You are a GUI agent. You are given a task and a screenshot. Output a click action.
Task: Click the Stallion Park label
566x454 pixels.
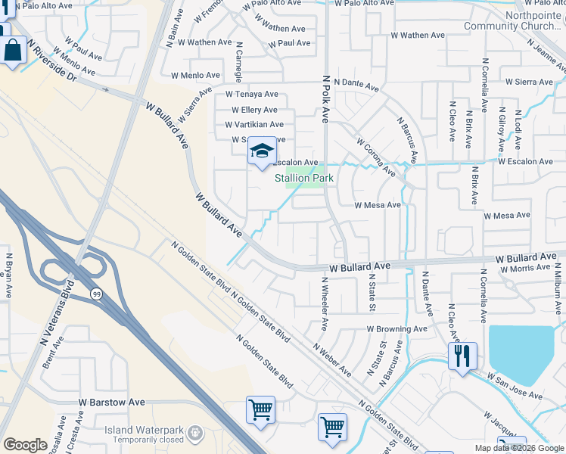coord(303,179)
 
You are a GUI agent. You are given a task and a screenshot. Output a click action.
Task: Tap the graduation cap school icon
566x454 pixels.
coord(262,151)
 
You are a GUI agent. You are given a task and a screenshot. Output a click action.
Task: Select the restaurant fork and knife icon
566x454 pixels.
coord(462,354)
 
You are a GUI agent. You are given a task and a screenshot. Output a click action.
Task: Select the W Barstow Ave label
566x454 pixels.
coord(111,403)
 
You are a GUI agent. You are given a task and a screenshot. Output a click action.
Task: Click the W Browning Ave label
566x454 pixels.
coord(397,329)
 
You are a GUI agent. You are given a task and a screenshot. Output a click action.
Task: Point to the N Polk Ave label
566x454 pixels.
coord(327,98)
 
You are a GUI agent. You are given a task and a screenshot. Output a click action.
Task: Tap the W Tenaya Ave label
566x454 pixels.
coord(252,95)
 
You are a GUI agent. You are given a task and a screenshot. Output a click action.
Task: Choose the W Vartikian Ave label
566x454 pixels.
coord(253,125)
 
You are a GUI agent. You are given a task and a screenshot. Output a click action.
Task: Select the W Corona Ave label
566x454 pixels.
coord(375,157)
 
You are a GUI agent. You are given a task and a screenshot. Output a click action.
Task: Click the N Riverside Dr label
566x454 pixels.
coord(52,63)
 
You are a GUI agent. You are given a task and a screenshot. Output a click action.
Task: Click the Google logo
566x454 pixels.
coord(25,445)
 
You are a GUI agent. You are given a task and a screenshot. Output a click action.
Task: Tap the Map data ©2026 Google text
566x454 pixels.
coord(518,448)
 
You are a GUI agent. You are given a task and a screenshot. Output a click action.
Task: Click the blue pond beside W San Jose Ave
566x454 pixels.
coord(521,353)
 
